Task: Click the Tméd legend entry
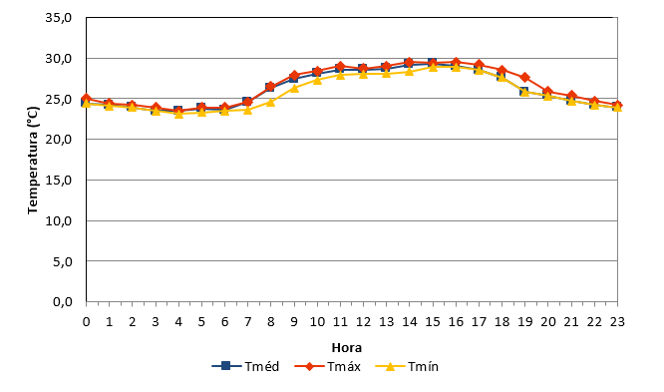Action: point(245,366)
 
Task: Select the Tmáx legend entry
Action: point(328,366)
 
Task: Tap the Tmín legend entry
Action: point(407,366)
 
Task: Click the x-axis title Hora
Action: point(346,348)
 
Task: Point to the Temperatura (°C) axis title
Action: point(33,161)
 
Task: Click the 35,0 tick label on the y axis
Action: point(59,18)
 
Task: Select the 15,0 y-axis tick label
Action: point(59,181)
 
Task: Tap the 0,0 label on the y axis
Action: point(62,302)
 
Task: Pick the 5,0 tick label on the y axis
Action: point(62,261)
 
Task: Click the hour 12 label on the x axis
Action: point(363,322)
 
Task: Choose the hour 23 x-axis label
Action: point(617,322)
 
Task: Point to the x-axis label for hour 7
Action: point(247,322)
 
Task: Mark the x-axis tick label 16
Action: point(456,322)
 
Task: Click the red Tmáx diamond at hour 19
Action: point(525,77)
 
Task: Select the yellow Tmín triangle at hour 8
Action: point(270,102)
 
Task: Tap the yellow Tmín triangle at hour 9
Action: point(294,88)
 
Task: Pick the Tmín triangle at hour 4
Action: point(178,113)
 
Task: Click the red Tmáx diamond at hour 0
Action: point(86,99)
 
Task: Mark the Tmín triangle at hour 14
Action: point(409,71)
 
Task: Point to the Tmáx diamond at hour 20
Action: point(548,91)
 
